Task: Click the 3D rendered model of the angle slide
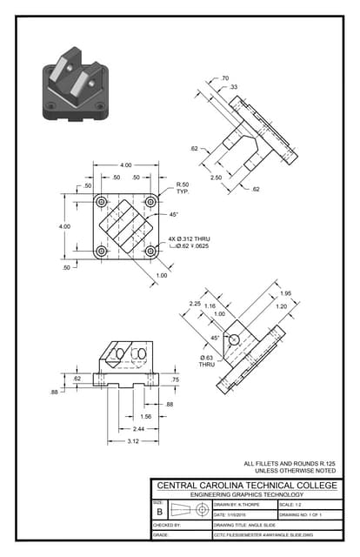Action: click(x=73, y=87)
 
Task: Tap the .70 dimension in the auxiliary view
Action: click(x=224, y=78)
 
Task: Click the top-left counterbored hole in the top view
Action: click(x=103, y=202)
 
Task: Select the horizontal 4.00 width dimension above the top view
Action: click(x=126, y=165)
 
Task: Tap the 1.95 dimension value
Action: click(x=285, y=293)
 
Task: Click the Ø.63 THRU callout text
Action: click(x=207, y=361)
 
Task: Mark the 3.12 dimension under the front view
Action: click(x=126, y=441)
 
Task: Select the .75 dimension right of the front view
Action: click(x=176, y=379)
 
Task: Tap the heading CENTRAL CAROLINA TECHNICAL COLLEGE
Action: click(x=244, y=485)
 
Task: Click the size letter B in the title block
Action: click(x=159, y=513)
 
